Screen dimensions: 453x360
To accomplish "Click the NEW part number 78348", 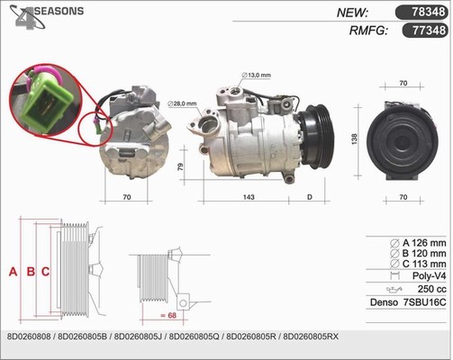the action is (428, 12).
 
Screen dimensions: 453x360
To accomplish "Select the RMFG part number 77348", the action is (429, 31).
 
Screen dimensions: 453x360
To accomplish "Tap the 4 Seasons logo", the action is (46, 17).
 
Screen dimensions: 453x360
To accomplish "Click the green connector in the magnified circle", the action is (48, 103).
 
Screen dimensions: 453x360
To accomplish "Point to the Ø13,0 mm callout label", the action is (256, 75).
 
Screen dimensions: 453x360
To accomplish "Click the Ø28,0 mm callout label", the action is (182, 103).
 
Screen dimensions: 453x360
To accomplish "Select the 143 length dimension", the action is (249, 197).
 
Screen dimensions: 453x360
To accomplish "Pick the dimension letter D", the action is (310, 197).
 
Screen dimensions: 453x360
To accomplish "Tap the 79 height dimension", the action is (180, 166).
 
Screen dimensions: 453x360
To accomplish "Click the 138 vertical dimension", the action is (354, 139).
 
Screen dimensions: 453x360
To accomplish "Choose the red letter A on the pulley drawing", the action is (13, 272).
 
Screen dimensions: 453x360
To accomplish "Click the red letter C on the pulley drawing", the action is (45, 272).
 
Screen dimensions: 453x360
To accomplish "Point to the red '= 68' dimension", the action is (168, 315).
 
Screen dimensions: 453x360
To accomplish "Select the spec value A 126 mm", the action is (424, 243).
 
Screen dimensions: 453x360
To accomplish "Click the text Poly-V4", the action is (429, 275).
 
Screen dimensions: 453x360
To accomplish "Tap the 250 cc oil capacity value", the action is (431, 289).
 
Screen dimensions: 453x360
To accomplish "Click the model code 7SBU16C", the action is (424, 302).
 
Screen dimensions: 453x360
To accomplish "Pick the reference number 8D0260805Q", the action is (195, 337).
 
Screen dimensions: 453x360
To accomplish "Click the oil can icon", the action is (394, 290).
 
